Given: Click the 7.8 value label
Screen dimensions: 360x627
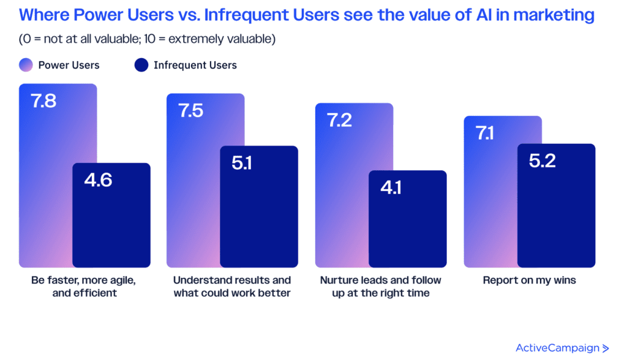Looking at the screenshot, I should coord(43,101).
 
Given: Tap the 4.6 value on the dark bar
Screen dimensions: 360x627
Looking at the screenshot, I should coord(98,180).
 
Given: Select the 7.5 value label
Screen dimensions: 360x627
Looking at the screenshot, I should coord(191,111).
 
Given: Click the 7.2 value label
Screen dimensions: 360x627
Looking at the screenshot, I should coord(339,120).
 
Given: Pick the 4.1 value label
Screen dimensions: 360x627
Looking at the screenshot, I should coord(391,187).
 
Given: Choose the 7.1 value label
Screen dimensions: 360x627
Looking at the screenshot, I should coord(485,133).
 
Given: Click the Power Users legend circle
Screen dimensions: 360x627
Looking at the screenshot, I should coord(26,65).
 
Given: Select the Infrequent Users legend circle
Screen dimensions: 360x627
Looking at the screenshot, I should coord(141,65).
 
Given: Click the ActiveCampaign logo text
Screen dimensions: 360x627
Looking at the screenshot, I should coord(557,348).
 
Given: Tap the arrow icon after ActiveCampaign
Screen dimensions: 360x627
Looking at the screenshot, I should coord(606,348).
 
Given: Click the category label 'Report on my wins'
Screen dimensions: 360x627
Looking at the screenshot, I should coord(529,280).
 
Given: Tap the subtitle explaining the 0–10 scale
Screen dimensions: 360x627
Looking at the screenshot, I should coord(147,40).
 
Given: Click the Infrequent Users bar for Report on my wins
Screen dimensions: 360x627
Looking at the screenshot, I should coord(556,214).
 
